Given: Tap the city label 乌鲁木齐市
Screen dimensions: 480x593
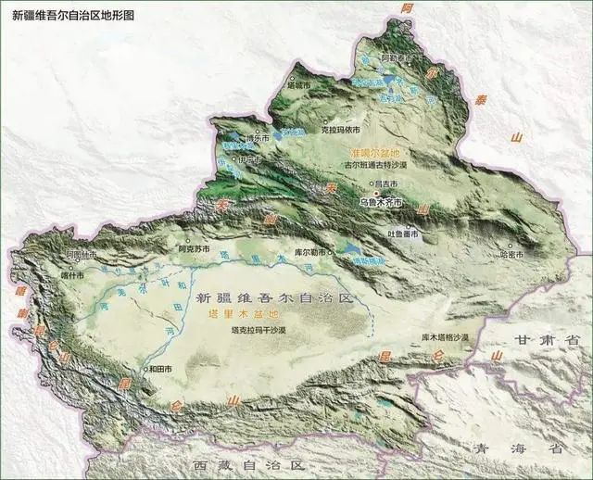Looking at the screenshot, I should (381, 200).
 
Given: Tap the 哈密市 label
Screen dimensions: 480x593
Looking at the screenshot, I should (511, 253).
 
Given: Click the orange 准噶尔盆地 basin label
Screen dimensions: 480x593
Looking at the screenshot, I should (374, 152).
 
